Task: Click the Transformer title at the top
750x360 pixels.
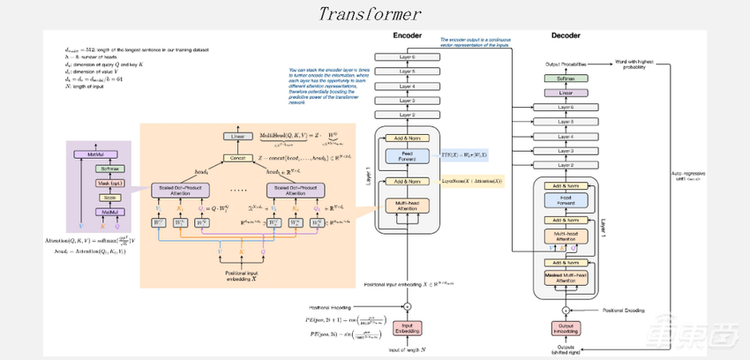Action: pyautogui.click(x=370, y=15)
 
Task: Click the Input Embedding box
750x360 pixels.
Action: pyautogui.click(x=408, y=330)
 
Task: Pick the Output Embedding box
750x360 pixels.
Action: pyautogui.click(x=565, y=330)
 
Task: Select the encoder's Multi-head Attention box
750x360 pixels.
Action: pyautogui.click(x=408, y=206)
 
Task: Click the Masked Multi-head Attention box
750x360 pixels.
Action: pyautogui.click(x=565, y=280)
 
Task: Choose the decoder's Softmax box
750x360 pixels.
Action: pyautogui.click(x=565, y=79)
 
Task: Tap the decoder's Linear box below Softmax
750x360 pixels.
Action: pyautogui.click(x=565, y=92)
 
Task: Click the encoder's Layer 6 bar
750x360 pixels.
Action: pyautogui.click(x=408, y=57)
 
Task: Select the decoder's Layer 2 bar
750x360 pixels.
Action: pyautogui.click(x=565, y=165)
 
